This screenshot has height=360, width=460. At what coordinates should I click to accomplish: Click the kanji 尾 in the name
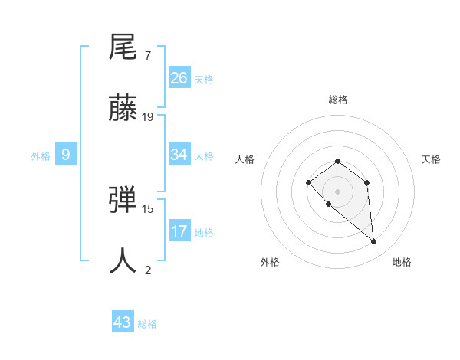[123, 47]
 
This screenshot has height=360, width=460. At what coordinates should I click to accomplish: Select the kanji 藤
[123, 108]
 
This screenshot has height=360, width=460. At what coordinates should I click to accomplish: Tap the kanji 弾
[123, 199]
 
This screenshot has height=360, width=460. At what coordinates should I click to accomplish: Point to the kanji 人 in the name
[123, 260]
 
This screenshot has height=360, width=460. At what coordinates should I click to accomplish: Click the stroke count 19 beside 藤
[148, 117]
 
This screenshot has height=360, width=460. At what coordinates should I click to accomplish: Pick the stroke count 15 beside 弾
[148, 208]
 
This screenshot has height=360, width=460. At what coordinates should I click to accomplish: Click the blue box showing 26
[179, 78]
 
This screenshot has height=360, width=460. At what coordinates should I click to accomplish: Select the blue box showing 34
[179, 155]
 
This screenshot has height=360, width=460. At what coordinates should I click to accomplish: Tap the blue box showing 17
[179, 231]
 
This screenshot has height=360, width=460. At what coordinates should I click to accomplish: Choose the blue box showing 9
[66, 155]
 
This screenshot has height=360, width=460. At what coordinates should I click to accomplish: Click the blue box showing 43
[123, 322]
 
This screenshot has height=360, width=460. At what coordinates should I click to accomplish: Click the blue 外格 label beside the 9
[41, 156]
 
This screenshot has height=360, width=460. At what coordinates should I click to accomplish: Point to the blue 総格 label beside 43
[147, 324]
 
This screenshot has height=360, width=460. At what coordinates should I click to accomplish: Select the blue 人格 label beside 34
[204, 156]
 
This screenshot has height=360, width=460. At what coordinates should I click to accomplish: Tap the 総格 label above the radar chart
[338, 100]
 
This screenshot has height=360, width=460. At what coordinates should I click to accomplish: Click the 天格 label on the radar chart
[431, 159]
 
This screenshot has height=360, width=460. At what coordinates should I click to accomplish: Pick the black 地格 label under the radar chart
[402, 262]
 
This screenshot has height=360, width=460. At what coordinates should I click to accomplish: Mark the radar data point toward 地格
[374, 242]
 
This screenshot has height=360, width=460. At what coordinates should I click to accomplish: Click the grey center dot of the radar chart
[338, 191]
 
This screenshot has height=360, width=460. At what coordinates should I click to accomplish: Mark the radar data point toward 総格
[338, 161]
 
